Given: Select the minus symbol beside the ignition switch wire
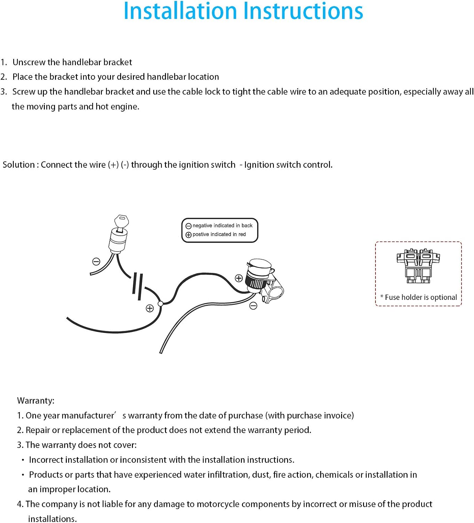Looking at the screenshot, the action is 96,261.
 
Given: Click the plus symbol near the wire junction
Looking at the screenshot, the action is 150,309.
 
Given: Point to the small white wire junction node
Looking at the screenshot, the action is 160,303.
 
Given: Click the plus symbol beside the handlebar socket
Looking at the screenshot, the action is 239,278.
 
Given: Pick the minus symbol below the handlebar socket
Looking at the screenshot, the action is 253,306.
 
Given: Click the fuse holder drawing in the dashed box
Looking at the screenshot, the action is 418,266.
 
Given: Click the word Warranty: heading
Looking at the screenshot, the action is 36,401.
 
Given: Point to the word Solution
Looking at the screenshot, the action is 18,165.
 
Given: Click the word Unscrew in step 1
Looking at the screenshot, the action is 29,62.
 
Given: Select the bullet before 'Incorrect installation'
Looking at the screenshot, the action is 23,460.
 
